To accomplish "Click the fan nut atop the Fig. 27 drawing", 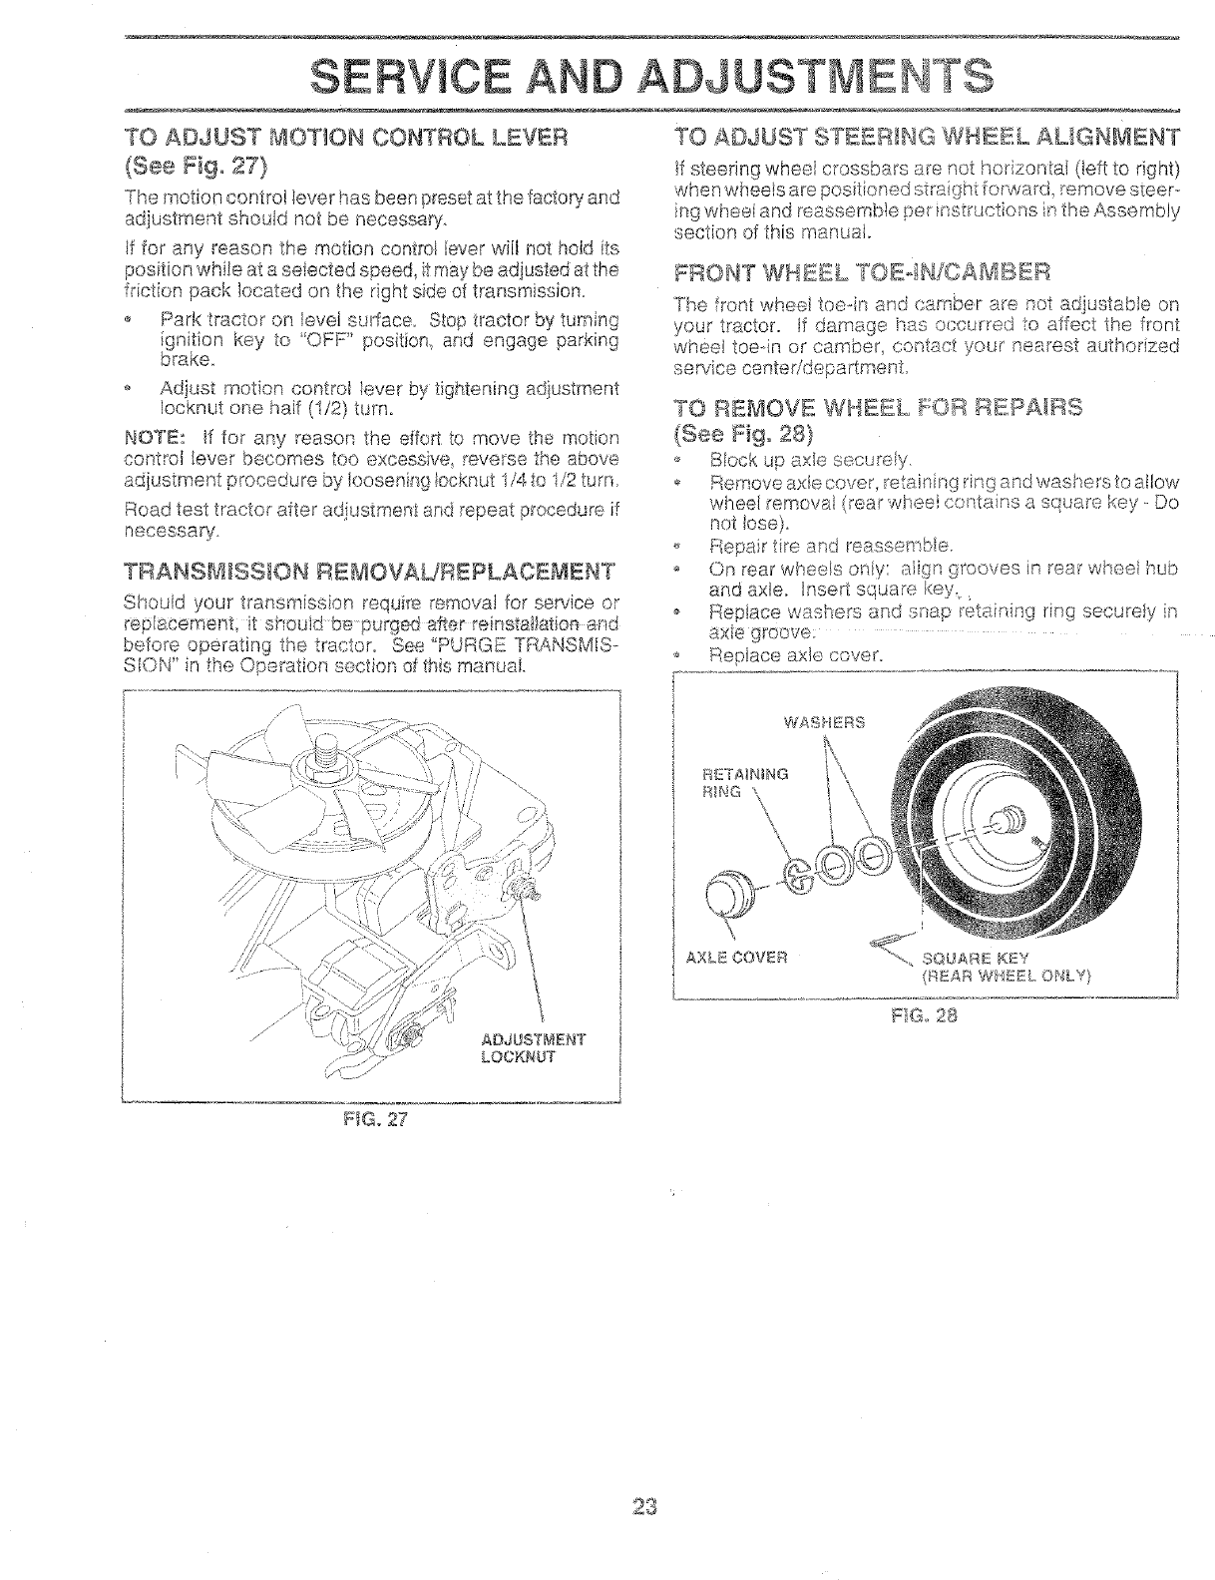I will pyautogui.click(x=330, y=763).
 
